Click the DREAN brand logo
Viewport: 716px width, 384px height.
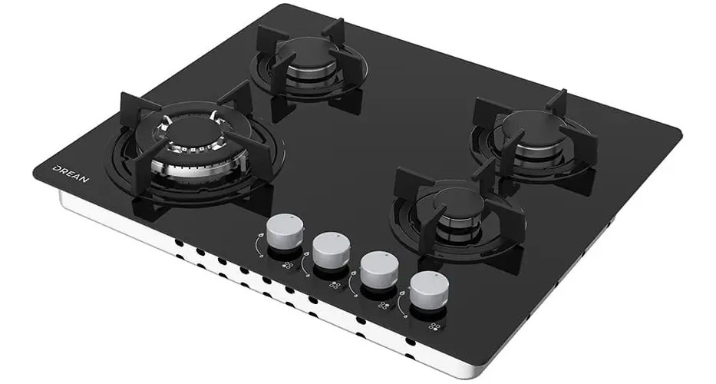coord(71,174)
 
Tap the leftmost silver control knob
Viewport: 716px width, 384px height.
coord(285,231)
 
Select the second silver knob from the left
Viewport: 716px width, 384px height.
coord(332,250)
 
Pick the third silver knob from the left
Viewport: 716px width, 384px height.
coord(379,270)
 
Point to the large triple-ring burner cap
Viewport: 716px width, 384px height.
coord(193,132)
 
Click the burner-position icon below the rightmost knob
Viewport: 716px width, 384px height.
coord(435,326)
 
